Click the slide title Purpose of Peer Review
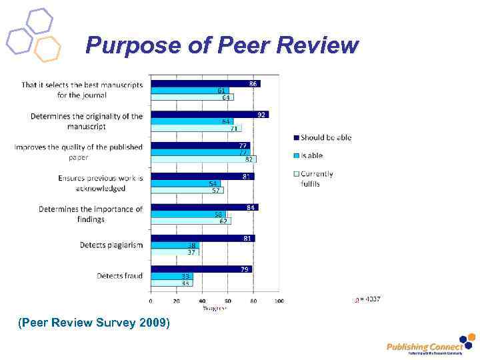pos(222,45)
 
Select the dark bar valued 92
pos(209,115)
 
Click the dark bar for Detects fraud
pos(201,269)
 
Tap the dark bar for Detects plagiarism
pos(202,238)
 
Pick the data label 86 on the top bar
pos(253,83)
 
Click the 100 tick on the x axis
pos(279,301)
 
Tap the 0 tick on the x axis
pos(150,301)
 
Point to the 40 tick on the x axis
pos(202,301)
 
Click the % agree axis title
pos(214,308)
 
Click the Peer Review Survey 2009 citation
pos(94,323)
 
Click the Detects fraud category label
pos(119,276)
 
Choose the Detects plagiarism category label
pos(111,245)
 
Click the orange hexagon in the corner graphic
pos(47,49)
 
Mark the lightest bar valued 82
pos(203,159)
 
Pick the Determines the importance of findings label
pos(91,214)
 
